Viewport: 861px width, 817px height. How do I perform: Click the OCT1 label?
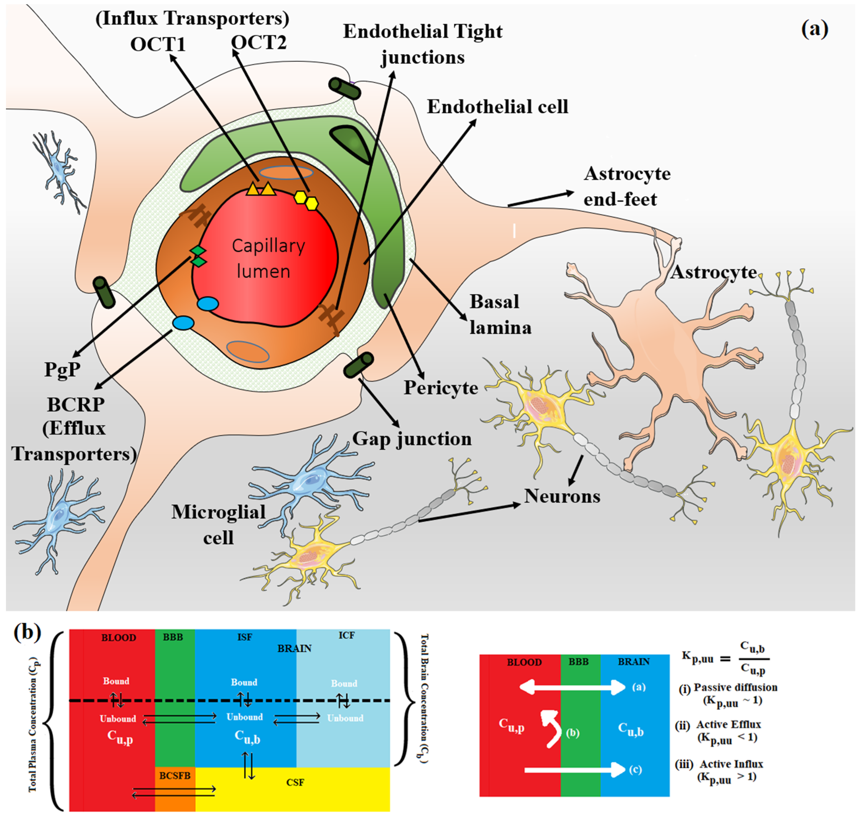point(158,44)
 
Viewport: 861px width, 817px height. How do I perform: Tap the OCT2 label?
point(259,43)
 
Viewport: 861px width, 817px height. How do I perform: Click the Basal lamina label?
point(500,314)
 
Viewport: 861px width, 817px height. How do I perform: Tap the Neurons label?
point(562,496)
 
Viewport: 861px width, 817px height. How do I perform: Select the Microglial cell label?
point(218,525)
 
